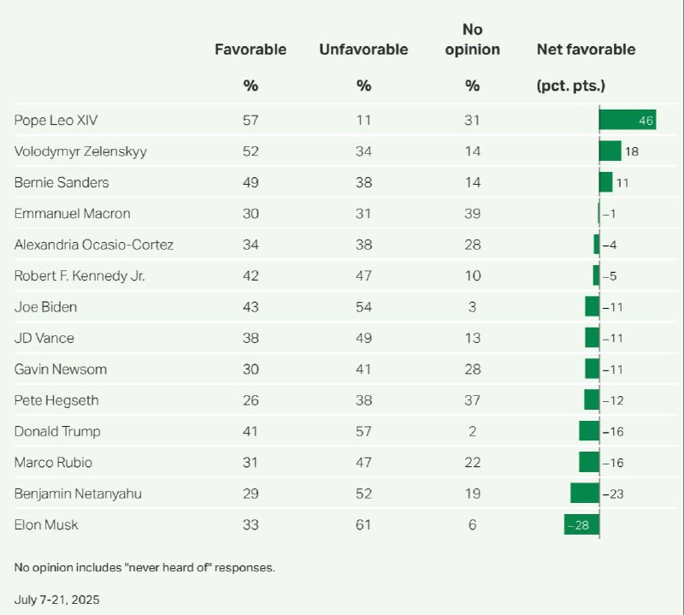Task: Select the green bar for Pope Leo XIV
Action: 627,120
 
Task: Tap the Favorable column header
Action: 250,49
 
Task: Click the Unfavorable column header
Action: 363,49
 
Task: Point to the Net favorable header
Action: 586,49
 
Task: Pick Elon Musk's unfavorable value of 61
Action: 363,524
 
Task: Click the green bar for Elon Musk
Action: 581,524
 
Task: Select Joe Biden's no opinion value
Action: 472,306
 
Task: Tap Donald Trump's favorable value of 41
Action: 250,431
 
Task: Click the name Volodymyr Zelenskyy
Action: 80,151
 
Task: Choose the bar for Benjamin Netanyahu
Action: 585,494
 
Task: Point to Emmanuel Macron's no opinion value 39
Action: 472,213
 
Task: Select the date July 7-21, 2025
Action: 57,598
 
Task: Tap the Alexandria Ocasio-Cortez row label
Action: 94,245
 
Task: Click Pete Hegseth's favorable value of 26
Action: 250,400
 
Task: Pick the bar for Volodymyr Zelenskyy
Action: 610,151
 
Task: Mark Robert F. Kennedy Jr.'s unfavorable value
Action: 363,275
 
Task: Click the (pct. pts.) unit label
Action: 570,86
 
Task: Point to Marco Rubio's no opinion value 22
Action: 472,462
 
